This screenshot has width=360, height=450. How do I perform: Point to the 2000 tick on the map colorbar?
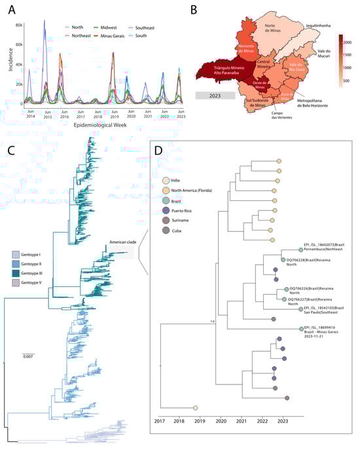[350, 43]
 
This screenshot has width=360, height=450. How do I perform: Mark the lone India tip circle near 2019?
[195, 407]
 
